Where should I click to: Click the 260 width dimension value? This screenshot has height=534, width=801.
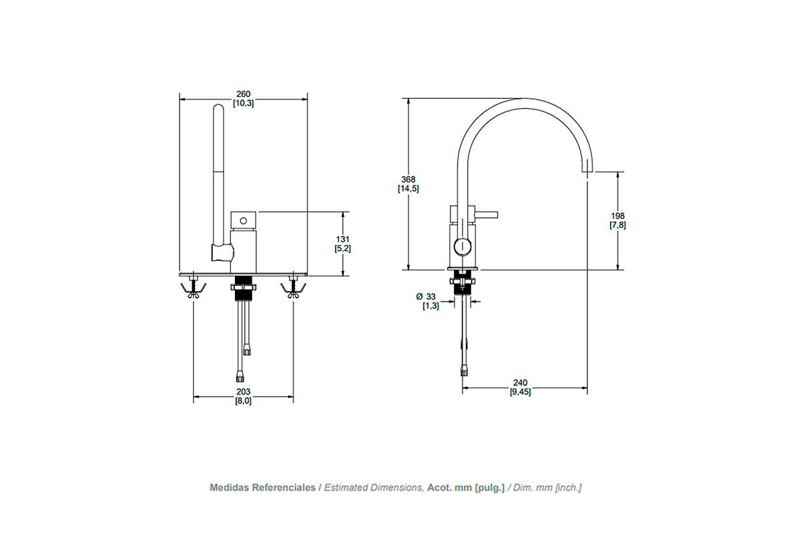(244, 94)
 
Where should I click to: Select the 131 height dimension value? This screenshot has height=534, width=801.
(342, 239)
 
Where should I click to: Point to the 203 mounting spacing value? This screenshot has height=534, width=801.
(244, 392)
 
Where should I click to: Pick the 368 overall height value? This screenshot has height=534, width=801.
(409, 179)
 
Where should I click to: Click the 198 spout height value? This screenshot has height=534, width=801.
(617, 216)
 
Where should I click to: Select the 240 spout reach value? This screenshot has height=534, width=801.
(520, 382)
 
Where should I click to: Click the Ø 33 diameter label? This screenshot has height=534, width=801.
(426, 296)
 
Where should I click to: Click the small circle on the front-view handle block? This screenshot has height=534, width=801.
(244, 221)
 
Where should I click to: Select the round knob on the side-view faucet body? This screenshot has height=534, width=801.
(463, 246)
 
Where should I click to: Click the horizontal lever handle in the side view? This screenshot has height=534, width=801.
(486, 215)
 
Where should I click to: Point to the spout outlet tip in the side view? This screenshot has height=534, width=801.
(587, 171)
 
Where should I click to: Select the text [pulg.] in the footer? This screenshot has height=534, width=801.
(489, 488)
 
